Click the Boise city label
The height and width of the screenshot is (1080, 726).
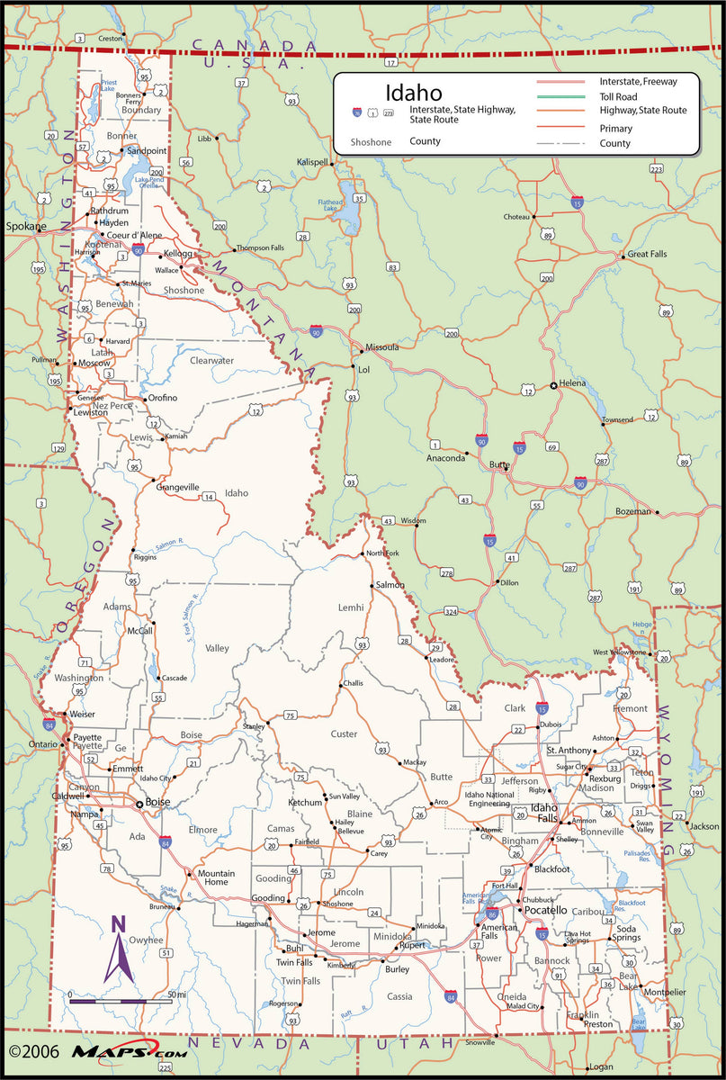point(157,802)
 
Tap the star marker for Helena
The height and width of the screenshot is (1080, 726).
point(553,386)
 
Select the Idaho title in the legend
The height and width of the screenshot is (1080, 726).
point(414,93)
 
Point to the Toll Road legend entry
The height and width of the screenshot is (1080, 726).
point(618,96)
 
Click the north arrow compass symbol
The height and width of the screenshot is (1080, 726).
point(118,949)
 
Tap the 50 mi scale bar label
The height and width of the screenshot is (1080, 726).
point(177,994)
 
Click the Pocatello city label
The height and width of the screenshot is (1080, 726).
point(546,911)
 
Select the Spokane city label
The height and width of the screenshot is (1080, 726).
point(25,226)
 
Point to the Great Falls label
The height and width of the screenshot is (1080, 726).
point(647,255)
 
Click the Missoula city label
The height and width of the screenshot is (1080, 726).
point(381,347)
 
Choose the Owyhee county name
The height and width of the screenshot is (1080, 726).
point(147,940)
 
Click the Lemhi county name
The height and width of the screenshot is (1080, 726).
point(351,607)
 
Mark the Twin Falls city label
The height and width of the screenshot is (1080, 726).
point(294,962)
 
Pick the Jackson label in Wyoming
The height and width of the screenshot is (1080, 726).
point(704,826)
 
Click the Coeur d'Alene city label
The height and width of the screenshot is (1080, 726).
point(134,235)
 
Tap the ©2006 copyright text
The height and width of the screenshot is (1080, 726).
point(32,1050)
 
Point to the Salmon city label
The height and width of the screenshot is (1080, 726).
point(390,585)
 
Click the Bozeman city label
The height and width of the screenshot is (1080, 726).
point(632,511)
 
